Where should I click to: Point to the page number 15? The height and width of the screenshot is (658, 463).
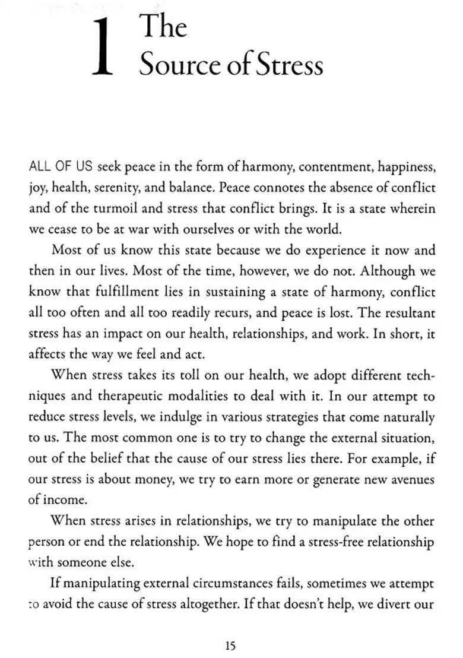(x=230, y=646)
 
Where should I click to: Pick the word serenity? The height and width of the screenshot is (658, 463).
(x=115, y=188)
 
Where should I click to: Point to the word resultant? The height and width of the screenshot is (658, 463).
(x=408, y=312)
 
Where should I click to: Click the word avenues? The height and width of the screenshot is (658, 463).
(x=411, y=479)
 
